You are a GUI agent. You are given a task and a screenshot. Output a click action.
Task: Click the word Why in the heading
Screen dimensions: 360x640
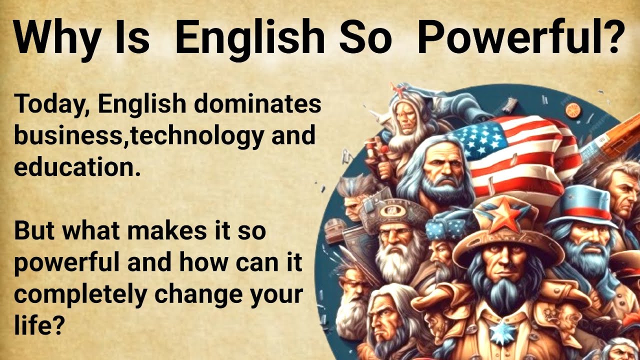[54, 37]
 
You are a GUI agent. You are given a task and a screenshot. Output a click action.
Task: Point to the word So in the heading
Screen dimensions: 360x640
[365, 37]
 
